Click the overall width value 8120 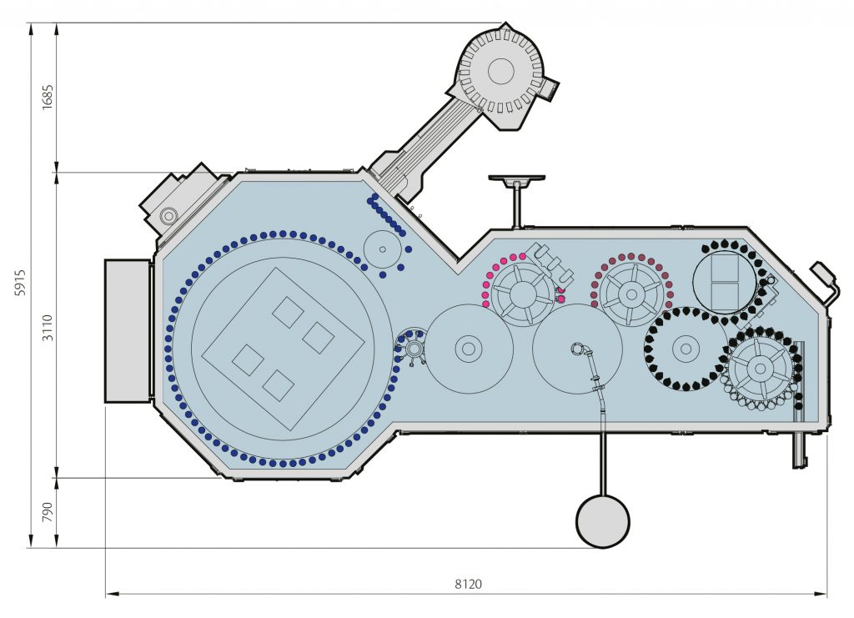[468, 585]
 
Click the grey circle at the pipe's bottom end [603, 521]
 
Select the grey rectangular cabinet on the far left [128, 331]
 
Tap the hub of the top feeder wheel [500, 71]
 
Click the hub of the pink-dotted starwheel [523, 294]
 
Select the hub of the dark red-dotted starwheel [630, 294]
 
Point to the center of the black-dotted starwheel [686, 349]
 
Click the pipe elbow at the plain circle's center [578, 348]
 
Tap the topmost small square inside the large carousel [289, 312]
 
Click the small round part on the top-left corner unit [169, 216]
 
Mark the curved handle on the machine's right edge [826, 281]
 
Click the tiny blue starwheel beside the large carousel [413, 347]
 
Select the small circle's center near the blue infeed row [383, 249]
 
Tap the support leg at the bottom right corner [799, 449]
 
